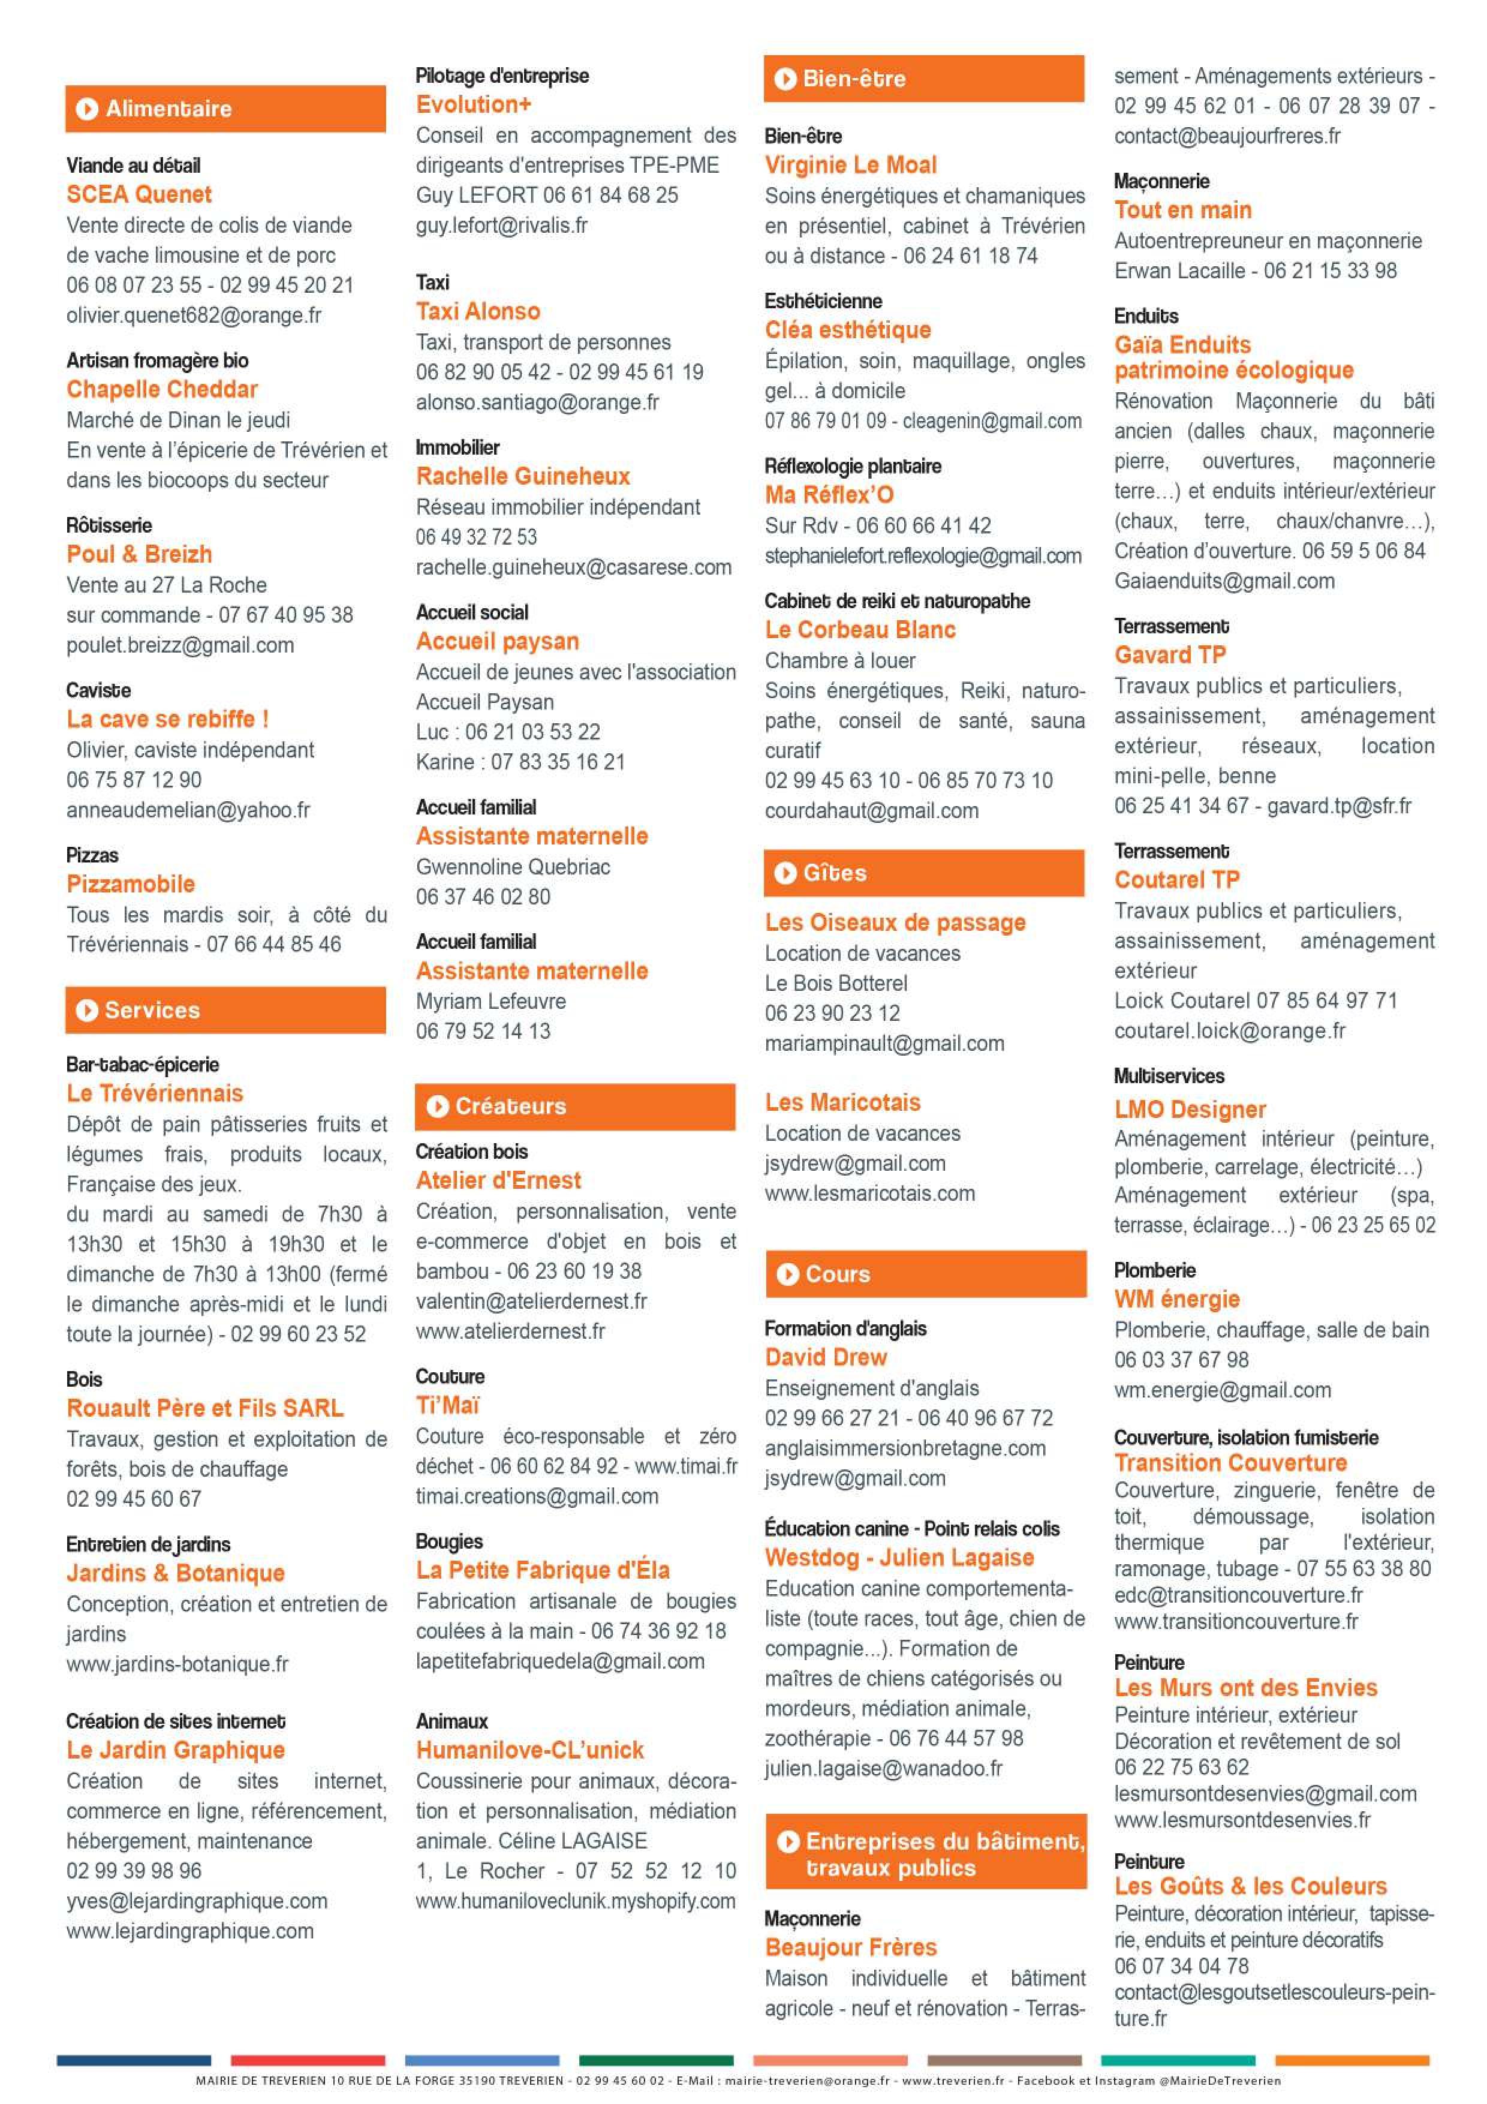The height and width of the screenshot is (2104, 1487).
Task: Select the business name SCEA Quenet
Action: [139, 194]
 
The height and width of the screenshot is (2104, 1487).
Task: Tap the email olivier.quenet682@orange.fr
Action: [193, 315]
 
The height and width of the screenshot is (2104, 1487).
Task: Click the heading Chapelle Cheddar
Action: [162, 389]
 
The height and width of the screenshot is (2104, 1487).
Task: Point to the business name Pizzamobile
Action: [131, 883]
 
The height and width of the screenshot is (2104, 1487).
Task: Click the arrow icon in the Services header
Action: [87, 1010]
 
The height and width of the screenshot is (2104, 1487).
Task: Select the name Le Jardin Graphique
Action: [175, 1750]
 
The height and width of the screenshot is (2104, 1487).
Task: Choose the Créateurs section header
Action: [574, 1106]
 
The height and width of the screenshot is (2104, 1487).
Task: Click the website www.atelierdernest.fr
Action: [510, 1330]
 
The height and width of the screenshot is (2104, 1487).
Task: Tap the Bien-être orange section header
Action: [923, 79]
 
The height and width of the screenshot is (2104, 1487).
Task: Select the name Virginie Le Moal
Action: [850, 165]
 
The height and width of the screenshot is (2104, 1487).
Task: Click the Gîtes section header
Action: [923, 873]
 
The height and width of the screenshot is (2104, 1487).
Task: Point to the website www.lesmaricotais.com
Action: [869, 1193]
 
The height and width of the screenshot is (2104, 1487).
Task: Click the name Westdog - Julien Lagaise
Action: [899, 1557]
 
